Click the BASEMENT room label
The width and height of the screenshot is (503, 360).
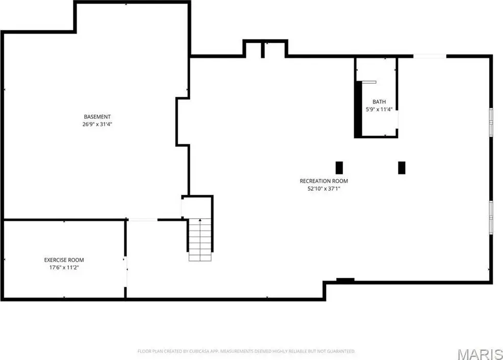point(97,117)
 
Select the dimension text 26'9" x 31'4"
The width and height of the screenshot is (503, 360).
point(97,124)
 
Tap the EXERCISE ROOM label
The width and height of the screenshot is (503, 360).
point(64,260)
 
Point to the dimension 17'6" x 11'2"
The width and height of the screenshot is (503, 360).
point(64,268)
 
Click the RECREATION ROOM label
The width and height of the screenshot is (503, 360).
point(324,181)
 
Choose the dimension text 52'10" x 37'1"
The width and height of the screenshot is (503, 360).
point(324,189)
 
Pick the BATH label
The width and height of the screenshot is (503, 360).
point(379,101)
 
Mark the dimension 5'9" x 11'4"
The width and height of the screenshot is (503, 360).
point(379,110)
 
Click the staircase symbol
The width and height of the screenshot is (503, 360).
point(200,240)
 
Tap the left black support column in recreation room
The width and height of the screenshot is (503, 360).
point(339,168)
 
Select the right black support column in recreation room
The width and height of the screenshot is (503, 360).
point(402,168)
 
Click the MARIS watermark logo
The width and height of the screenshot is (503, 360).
point(480,354)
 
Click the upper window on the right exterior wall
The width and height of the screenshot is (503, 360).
point(491,122)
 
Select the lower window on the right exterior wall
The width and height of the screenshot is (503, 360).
point(491,217)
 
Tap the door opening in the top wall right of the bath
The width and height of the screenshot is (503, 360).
point(430,56)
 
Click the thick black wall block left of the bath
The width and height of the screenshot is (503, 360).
point(358,109)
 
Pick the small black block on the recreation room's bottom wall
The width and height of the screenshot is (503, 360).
point(346,280)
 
